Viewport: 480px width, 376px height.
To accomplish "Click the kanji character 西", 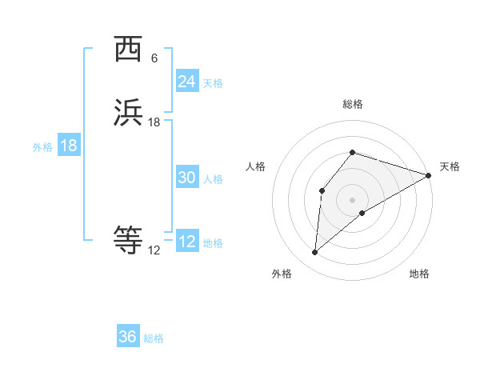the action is pyautogui.click(x=128, y=49).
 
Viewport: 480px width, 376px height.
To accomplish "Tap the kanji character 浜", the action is pyautogui.click(x=128, y=113).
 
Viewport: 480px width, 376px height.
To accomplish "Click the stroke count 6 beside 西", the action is pyautogui.click(x=154, y=58).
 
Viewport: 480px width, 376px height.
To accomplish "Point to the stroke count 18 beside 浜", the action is pyautogui.click(x=154, y=122).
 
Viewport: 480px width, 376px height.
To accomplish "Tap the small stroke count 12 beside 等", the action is pyautogui.click(x=154, y=250).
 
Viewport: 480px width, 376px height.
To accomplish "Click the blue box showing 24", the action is pyautogui.click(x=186, y=82).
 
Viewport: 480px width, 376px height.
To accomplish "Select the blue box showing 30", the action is pyautogui.click(x=186, y=178).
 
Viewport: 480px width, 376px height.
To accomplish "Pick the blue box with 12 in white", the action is pyautogui.click(x=186, y=242).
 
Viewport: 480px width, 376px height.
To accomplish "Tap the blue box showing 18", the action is pyautogui.click(x=69, y=146).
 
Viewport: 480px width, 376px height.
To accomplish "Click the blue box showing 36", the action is pyautogui.click(x=128, y=337).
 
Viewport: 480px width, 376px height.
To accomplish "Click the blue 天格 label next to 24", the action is pyautogui.click(x=213, y=83).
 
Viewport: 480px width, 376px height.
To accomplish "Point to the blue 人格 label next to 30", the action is pyautogui.click(x=213, y=179).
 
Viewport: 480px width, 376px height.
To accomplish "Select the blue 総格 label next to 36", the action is pyautogui.click(x=154, y=338).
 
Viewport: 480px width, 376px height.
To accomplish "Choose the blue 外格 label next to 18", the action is pyautogui.click(x=42, y=147).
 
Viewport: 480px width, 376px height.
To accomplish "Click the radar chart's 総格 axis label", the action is pyautogui.click(x=353, y=104).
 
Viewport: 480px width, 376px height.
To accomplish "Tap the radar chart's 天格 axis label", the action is pyautogui.click(x=450, y=166).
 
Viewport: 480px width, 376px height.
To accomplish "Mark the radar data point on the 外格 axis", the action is pyautogui.click(x=315, y=253).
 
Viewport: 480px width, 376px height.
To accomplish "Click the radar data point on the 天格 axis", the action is pyautogui.click(x=430, y=175).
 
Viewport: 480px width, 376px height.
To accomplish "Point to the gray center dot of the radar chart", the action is pyautogui.click(x=353, y=200).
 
